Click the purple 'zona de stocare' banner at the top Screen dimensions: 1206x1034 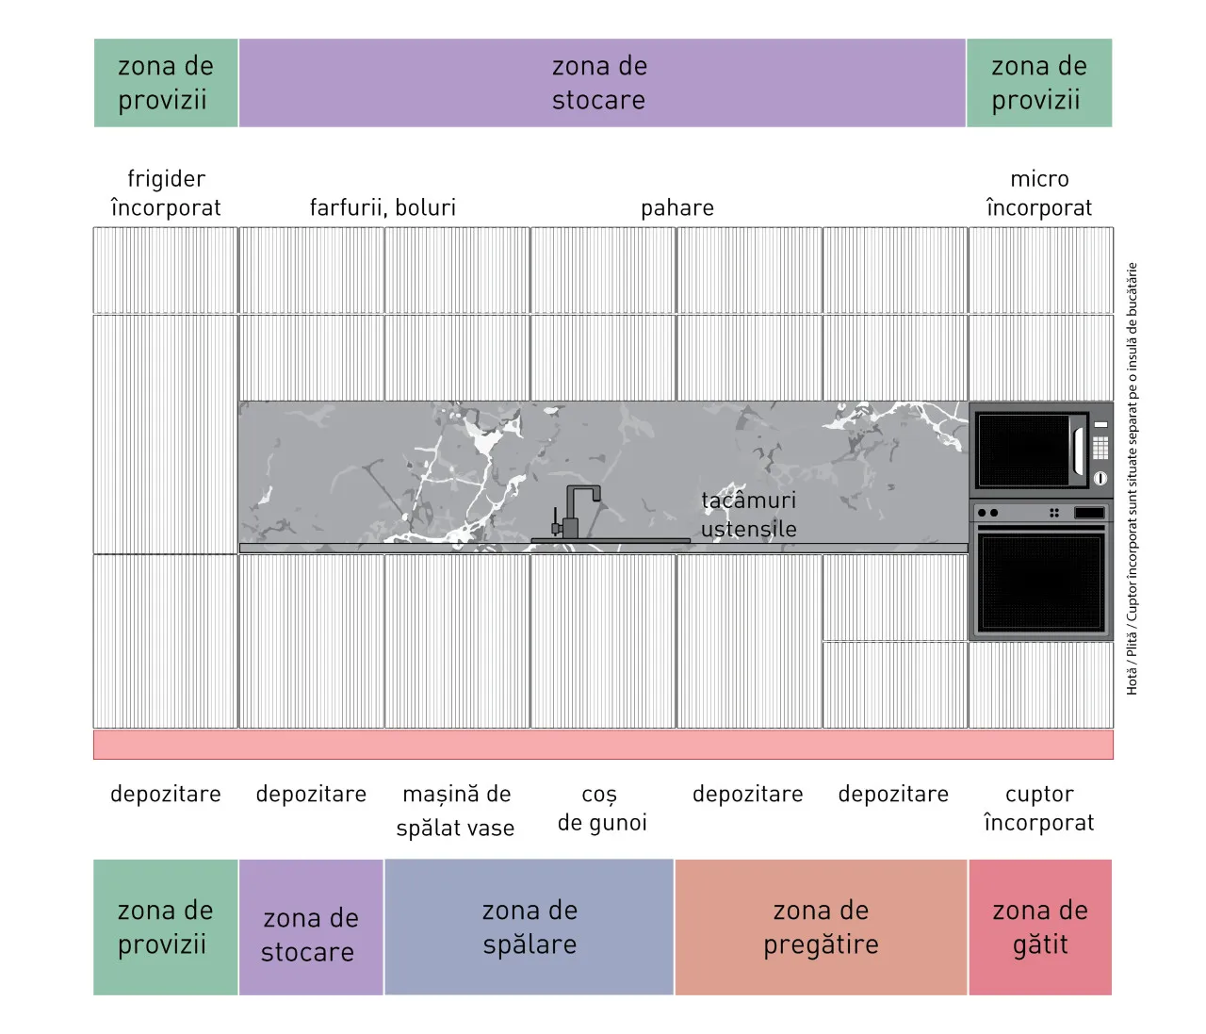[601, 83]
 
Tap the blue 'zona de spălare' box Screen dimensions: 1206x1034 [529, 927]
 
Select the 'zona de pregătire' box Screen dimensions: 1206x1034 [821, 927]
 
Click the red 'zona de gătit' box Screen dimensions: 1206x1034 [1040, 927]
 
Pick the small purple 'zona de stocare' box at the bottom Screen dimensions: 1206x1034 [311, 927]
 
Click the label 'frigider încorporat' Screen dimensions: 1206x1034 [166, 193]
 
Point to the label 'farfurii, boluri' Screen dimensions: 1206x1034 [383, 208]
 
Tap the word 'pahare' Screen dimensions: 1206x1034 [677, 208]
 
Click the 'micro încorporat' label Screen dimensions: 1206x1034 [1039, 193]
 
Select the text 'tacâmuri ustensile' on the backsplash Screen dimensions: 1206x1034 [749, 515]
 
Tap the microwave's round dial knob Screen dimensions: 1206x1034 [1100, 478]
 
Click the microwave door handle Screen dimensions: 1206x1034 [1078, 451]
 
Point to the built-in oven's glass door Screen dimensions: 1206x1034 [1041, 583]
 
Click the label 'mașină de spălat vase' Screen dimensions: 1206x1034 [456, 811]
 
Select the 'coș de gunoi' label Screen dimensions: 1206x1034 [602, 809]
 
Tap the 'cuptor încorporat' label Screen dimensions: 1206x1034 [1039, 809]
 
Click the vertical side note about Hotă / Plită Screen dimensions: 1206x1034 [1132, 479]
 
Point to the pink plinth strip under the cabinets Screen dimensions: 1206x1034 [603, 745]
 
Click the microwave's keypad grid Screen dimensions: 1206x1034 [1100, 448]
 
